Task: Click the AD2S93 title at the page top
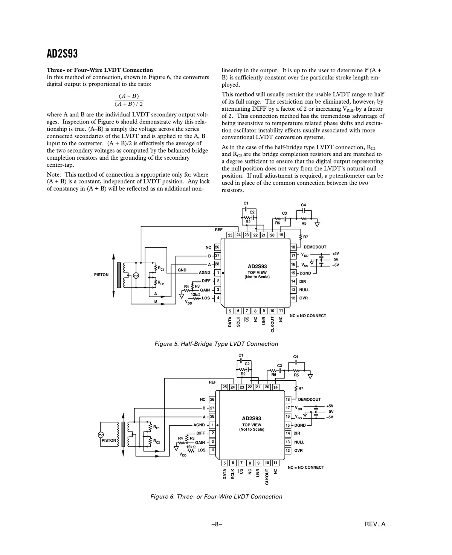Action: tap(62, 54)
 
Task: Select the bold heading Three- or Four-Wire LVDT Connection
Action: tap(100, 70)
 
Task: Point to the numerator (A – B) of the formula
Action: tap(129, 96)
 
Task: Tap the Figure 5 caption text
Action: tap(216, 344)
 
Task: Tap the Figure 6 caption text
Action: tap(216, 497)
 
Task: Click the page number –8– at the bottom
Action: tap(216, 524)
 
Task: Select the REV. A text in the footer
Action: tap(375, 524)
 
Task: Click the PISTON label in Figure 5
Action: tap(101, 275)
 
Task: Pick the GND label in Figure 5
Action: tap(182, 270)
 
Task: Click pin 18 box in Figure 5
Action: tap(293, 247)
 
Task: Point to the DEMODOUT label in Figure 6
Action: tap(309, 399)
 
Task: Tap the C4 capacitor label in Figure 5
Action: tap(303, 205)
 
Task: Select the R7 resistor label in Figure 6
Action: tap(301, 388)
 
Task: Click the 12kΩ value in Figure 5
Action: tap(195, 294)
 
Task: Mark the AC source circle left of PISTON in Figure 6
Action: tap(101, 435)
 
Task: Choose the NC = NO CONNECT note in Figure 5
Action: tap(308, 316)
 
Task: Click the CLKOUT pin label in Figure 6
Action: tap(267, 477)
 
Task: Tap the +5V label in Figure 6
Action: tap(330, 406)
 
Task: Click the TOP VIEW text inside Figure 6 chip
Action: tap(252, 425)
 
